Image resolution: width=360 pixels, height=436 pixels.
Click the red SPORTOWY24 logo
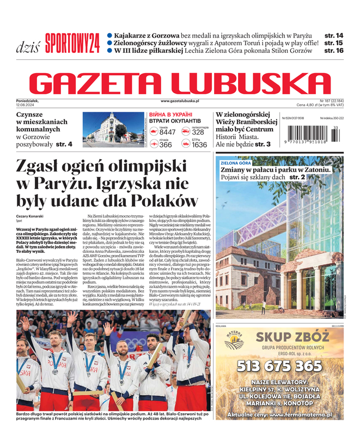(x=72, y=43)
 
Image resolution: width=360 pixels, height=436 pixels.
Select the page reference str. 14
(x=333, y=35)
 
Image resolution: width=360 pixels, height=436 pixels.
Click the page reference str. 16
(x=333, y=50)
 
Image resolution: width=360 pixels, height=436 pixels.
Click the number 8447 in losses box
(x=167, y=132)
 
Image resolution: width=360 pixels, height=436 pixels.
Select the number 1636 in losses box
(x=199, y=145)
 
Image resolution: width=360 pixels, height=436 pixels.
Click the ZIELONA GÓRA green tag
(x=236, y=163)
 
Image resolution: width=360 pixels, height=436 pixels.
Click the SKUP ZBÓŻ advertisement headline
(x=292, y=337)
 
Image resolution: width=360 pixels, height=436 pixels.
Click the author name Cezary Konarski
(x=30, y=216)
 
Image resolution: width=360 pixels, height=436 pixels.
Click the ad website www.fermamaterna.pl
(x=302, y=414)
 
